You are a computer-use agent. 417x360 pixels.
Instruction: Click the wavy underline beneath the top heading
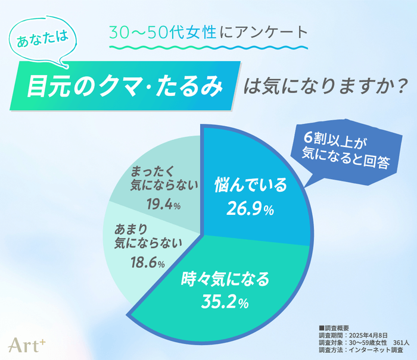click(x=208, y=48)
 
